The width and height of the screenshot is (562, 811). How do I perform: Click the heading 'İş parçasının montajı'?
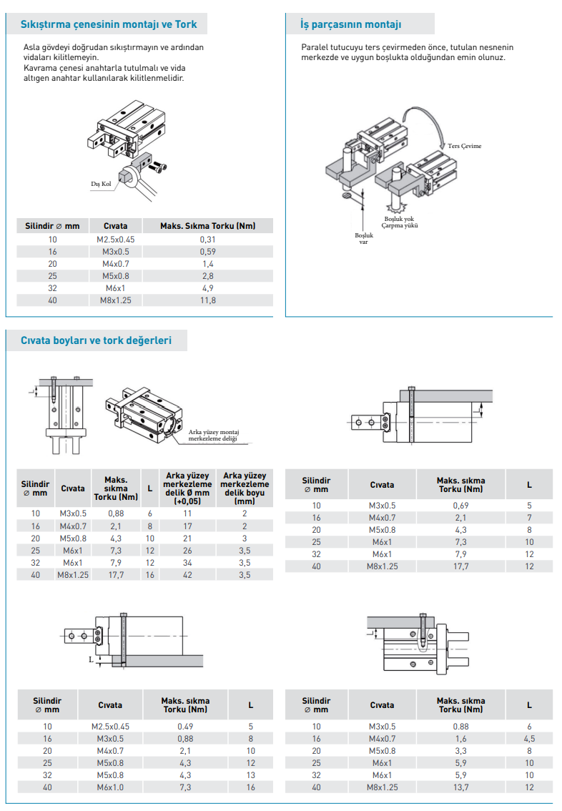coord(350,24)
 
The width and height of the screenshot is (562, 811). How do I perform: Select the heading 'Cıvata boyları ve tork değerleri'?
coord(96,340)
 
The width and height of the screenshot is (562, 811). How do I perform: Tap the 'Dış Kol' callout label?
coord(101,184)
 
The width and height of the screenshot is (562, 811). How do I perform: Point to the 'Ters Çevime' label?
coord(464,146)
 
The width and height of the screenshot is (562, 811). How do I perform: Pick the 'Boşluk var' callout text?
coord(363,238)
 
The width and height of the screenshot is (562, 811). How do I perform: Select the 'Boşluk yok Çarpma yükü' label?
coord(400,222)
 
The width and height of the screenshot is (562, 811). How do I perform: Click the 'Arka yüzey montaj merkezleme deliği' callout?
coord(214,436)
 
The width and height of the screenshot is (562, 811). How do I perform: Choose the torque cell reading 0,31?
coord(208,240)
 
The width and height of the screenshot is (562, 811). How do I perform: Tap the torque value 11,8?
coord(208,300)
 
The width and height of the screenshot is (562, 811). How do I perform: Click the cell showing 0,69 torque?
coord(460,506)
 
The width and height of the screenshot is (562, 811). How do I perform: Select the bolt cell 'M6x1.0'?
coord(110,787)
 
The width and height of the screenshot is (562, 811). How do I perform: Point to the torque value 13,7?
coord(460,787)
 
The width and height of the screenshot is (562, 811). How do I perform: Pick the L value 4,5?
coord(529,739)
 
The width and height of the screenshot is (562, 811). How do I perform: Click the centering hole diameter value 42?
coord(187,574)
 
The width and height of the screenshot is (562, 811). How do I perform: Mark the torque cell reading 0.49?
coord(185,726)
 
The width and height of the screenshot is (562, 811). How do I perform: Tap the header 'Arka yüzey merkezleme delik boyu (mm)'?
coord(245,488)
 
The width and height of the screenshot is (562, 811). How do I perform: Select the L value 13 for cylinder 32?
coord(251,775)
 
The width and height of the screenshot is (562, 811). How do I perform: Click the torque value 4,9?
coord(208,288)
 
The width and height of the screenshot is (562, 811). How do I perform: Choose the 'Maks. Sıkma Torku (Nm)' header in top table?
coord(208,226)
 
